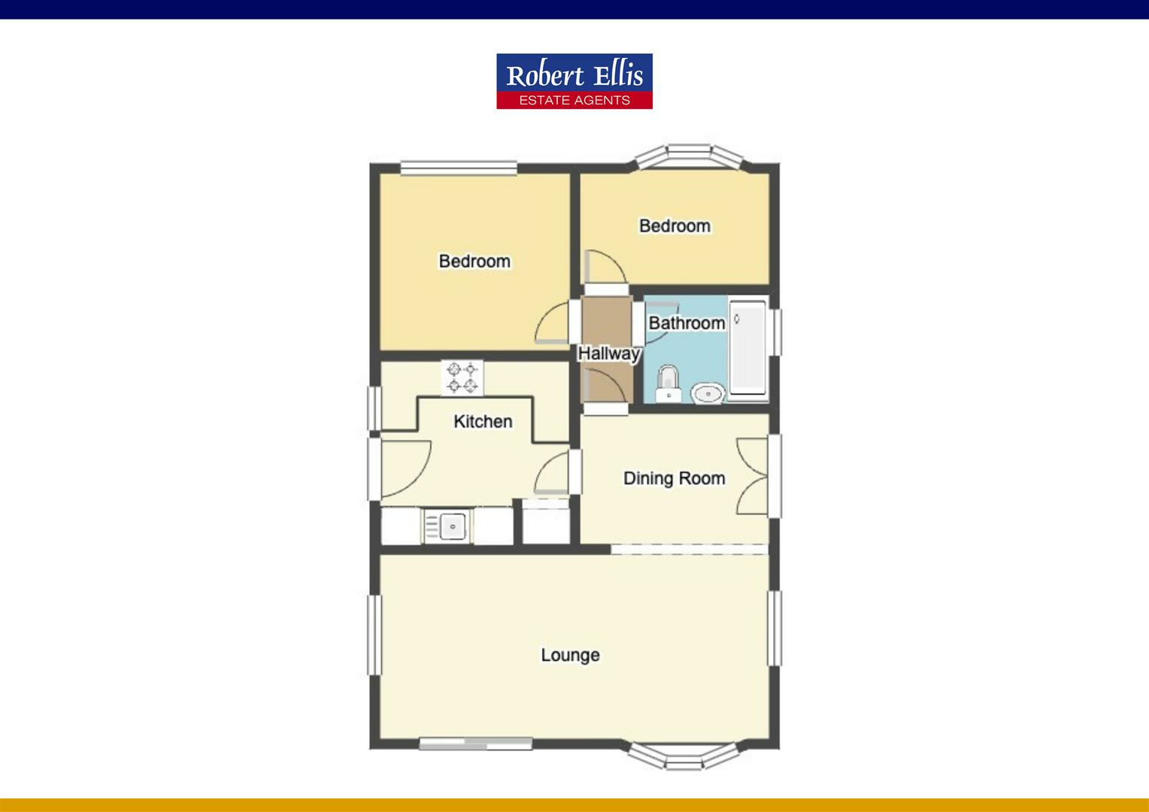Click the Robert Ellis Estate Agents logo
pos(574,81)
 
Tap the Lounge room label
pos(570,655)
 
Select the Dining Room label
pos(674,478)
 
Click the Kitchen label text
pos(483,421)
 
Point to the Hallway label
pos(608,353)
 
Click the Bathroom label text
pos(687,323)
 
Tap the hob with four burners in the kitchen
pos(462,377)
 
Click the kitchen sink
pos(452,525)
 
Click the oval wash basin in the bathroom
pos(707,392)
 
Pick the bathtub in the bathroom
pos(747,347)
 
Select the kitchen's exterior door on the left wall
pos(374,468)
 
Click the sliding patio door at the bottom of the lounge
pos(475,744)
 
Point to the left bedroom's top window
pos(459,168)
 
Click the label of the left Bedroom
pos(474,261)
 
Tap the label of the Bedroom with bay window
pos(675,226)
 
